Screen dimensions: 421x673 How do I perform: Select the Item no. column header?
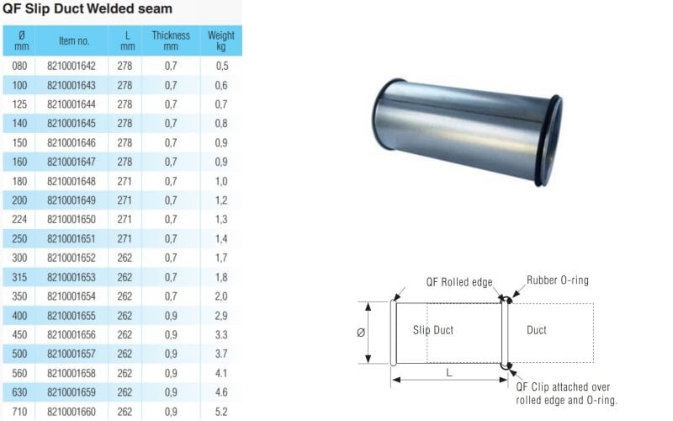tap(74, 40)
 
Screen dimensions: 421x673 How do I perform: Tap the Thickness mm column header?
tap(171, 40)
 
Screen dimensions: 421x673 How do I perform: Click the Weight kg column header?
tap(221, 40)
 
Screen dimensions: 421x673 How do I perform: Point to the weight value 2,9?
tap(221, 337)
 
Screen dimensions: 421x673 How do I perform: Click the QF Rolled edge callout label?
tap(459, 283)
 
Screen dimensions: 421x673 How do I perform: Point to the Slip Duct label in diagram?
tap(433, 330)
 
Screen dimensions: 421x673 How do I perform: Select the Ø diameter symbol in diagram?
tap(361, 333)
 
